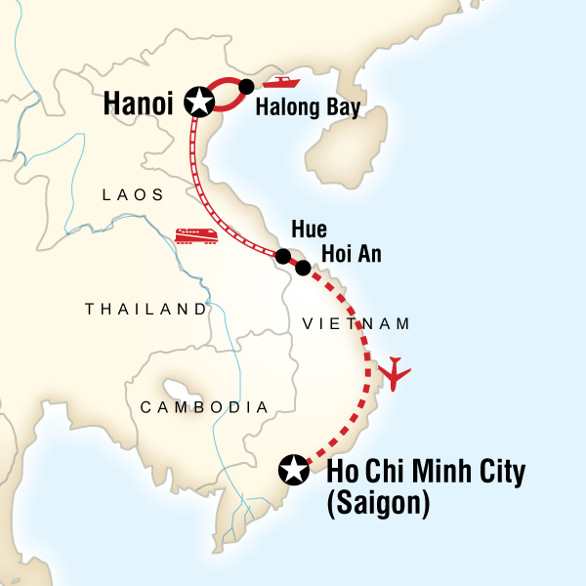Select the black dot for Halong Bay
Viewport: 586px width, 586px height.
pyautogui.click(x=247, y=86)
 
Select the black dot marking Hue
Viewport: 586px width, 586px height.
pyautogui.click(x=282, y=257)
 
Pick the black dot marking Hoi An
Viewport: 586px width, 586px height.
pyautogui.click(x=303, y=267)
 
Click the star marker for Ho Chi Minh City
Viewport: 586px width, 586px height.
pyautogui.click(x=291, y=470)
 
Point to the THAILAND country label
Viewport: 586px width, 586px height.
pyautogui.click(x=146, y=309)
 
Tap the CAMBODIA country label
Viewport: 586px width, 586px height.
pyautogui.click(x=203, y=406)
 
